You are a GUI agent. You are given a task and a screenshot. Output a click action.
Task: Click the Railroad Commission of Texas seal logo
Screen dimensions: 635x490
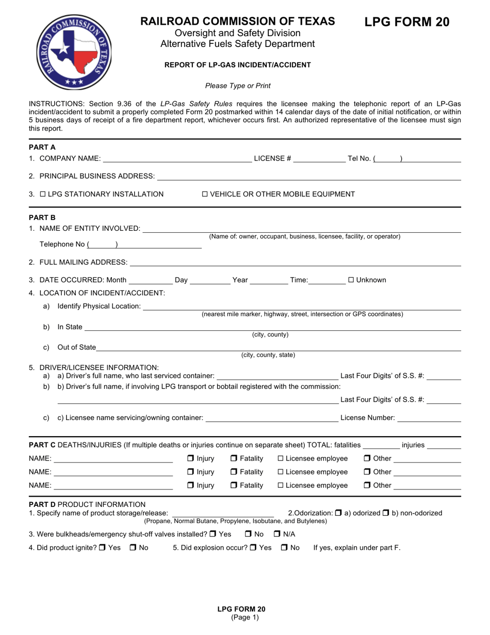click(74, 52)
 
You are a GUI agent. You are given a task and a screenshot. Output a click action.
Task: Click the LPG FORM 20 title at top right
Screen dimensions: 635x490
click(407, 22)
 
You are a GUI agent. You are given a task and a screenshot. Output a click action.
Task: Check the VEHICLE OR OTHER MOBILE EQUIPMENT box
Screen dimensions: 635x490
click(204, 194)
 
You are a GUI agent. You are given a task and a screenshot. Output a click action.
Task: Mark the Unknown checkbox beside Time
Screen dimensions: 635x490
click(351, 280)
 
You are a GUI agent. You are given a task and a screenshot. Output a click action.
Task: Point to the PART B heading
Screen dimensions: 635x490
click(42, 217)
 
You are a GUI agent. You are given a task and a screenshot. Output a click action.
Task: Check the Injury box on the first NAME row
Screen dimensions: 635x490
click(190, 458)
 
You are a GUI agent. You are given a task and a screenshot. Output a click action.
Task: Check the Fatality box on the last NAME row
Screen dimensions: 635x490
click(234, 485)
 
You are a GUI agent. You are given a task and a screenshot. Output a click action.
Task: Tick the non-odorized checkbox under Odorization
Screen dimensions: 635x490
click(385, 513)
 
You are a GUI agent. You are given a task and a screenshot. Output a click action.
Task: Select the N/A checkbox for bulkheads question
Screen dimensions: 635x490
click(277, 534)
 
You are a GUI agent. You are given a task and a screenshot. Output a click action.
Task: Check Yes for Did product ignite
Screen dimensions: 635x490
click(102, 548)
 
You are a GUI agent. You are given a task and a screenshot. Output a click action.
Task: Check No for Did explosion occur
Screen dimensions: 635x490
click(284, 548)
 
